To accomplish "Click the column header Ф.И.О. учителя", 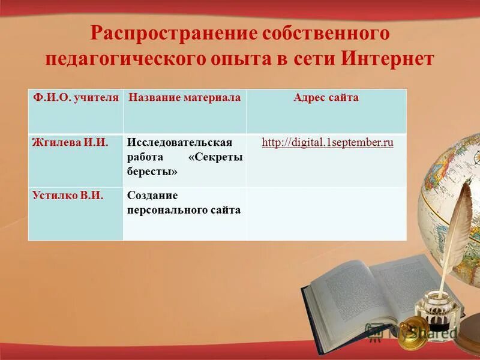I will coord(75,97).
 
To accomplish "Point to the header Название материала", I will coord(185,97).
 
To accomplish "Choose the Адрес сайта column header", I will coord(326,97).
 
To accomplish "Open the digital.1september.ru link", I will coord(328,143).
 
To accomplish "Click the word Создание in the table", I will coord(152,196).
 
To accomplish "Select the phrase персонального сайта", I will coord(184,210).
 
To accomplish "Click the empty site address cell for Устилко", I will coord(326,213).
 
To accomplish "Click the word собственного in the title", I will coord(328,34).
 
